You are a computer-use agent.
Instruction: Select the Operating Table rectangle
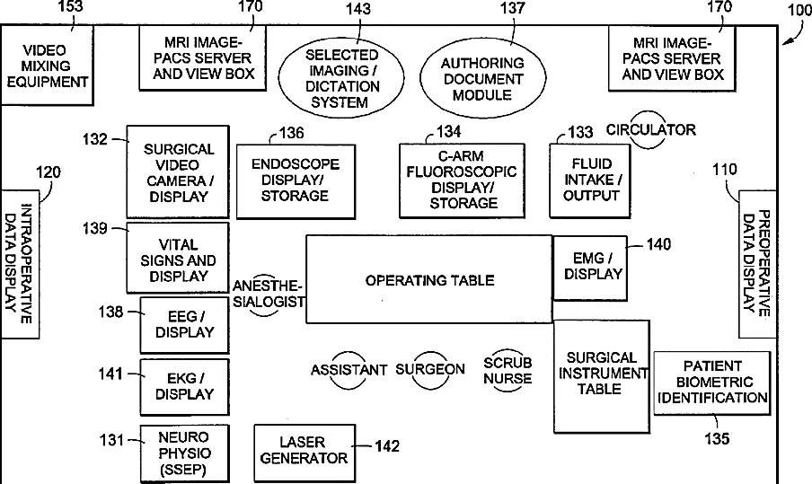coord(428,279)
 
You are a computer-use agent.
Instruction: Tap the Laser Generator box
coord(302,450)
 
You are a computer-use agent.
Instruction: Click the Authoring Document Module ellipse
coord(482,78)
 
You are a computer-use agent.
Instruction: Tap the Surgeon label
coord(430,369)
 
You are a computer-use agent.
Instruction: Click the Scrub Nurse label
coord(507,370)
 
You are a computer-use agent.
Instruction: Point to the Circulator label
coord(651,130)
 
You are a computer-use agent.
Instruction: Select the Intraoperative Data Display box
coord(20,263)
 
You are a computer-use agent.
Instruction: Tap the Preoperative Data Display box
coord(756,264)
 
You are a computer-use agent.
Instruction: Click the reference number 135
coord(718,439)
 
